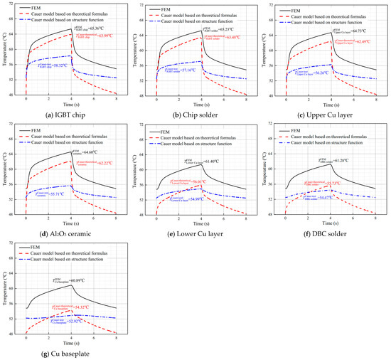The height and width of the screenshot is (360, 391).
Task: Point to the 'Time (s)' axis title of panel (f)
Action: coord(326,224)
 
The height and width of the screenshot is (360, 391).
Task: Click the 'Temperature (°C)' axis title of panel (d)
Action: coord(5,169)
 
